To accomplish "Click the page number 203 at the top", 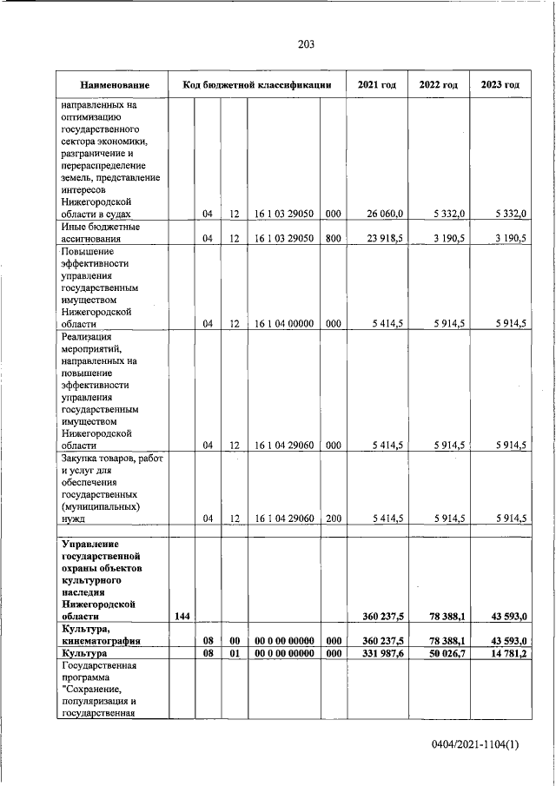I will pyautogui.click(x=305, y=44).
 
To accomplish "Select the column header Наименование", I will pyautogui.click(x=114, y=85).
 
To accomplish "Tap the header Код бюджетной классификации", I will pyautogui.click(x=257, y=85).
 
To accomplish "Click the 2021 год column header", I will pyautogui.click(x=377, y=85).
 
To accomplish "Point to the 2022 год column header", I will pyautogui.click(x=439, y=85).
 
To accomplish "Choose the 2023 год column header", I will pyautogui.click(x=500, y=85).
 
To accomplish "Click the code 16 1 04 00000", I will pyautogui.click(x=283, y=324).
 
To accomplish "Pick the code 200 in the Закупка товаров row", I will pyautogui.click(x=333, y=518).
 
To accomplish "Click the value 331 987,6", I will pyautogui.click(x=381, y=652).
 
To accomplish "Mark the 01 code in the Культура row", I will pyautogui.click(x=234, y=652).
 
